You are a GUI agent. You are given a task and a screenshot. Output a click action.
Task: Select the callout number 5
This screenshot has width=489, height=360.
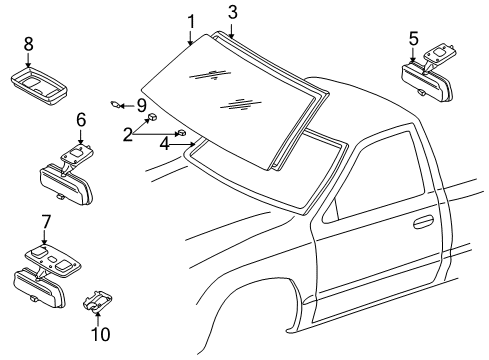pos(414,40)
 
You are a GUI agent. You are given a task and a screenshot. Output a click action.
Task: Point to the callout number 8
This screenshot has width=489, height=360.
pos(28,43)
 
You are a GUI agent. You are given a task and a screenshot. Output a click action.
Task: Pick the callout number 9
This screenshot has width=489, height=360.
pos(141,104)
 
